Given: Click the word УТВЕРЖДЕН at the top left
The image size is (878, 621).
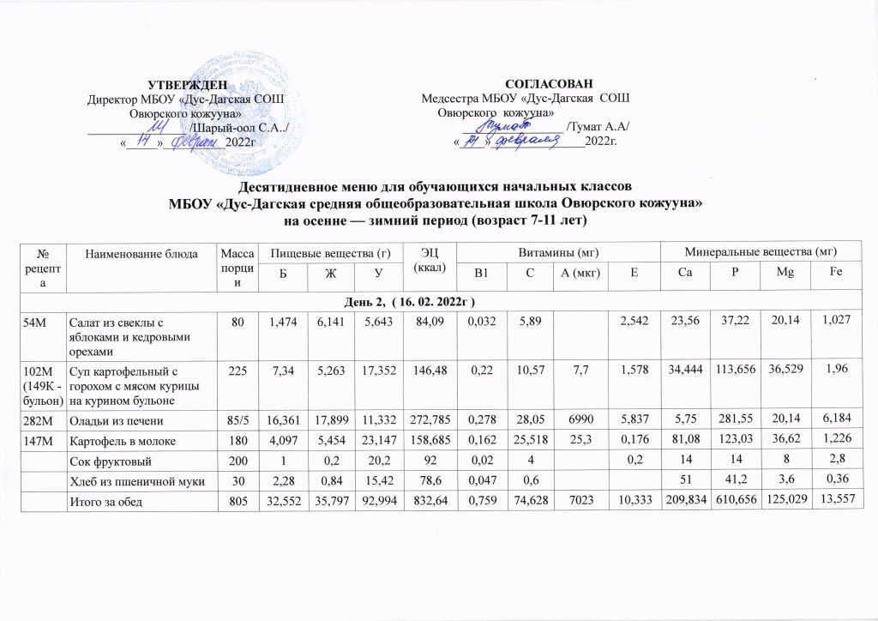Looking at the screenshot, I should pyautogui.click(x=188, y=84).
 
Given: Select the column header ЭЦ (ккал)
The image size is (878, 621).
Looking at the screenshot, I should pyautogui.click(x=426, y=260).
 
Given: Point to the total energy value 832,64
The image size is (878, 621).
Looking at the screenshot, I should pyautogui.click(x=425, y=496).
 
